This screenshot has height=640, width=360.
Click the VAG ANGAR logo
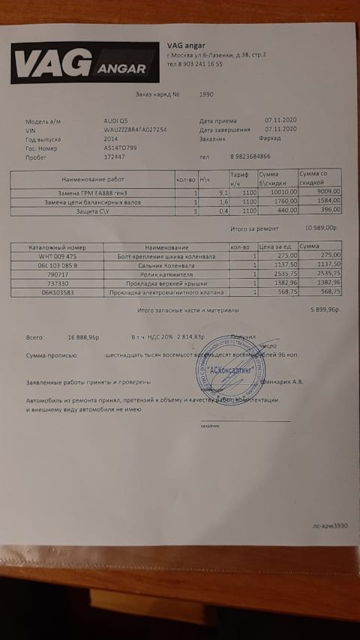[85, 63]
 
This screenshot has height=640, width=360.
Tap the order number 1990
[207, 95]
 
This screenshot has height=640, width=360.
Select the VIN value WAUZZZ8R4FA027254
[135, 130]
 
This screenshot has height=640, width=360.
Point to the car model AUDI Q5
[116, 121]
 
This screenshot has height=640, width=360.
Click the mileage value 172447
[114, 157]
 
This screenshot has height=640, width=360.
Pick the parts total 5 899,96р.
[324, 309]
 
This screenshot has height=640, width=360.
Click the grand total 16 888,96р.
[83, 337]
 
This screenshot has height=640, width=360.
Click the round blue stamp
[230, 367]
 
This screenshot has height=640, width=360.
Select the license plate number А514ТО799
[121, 148]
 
